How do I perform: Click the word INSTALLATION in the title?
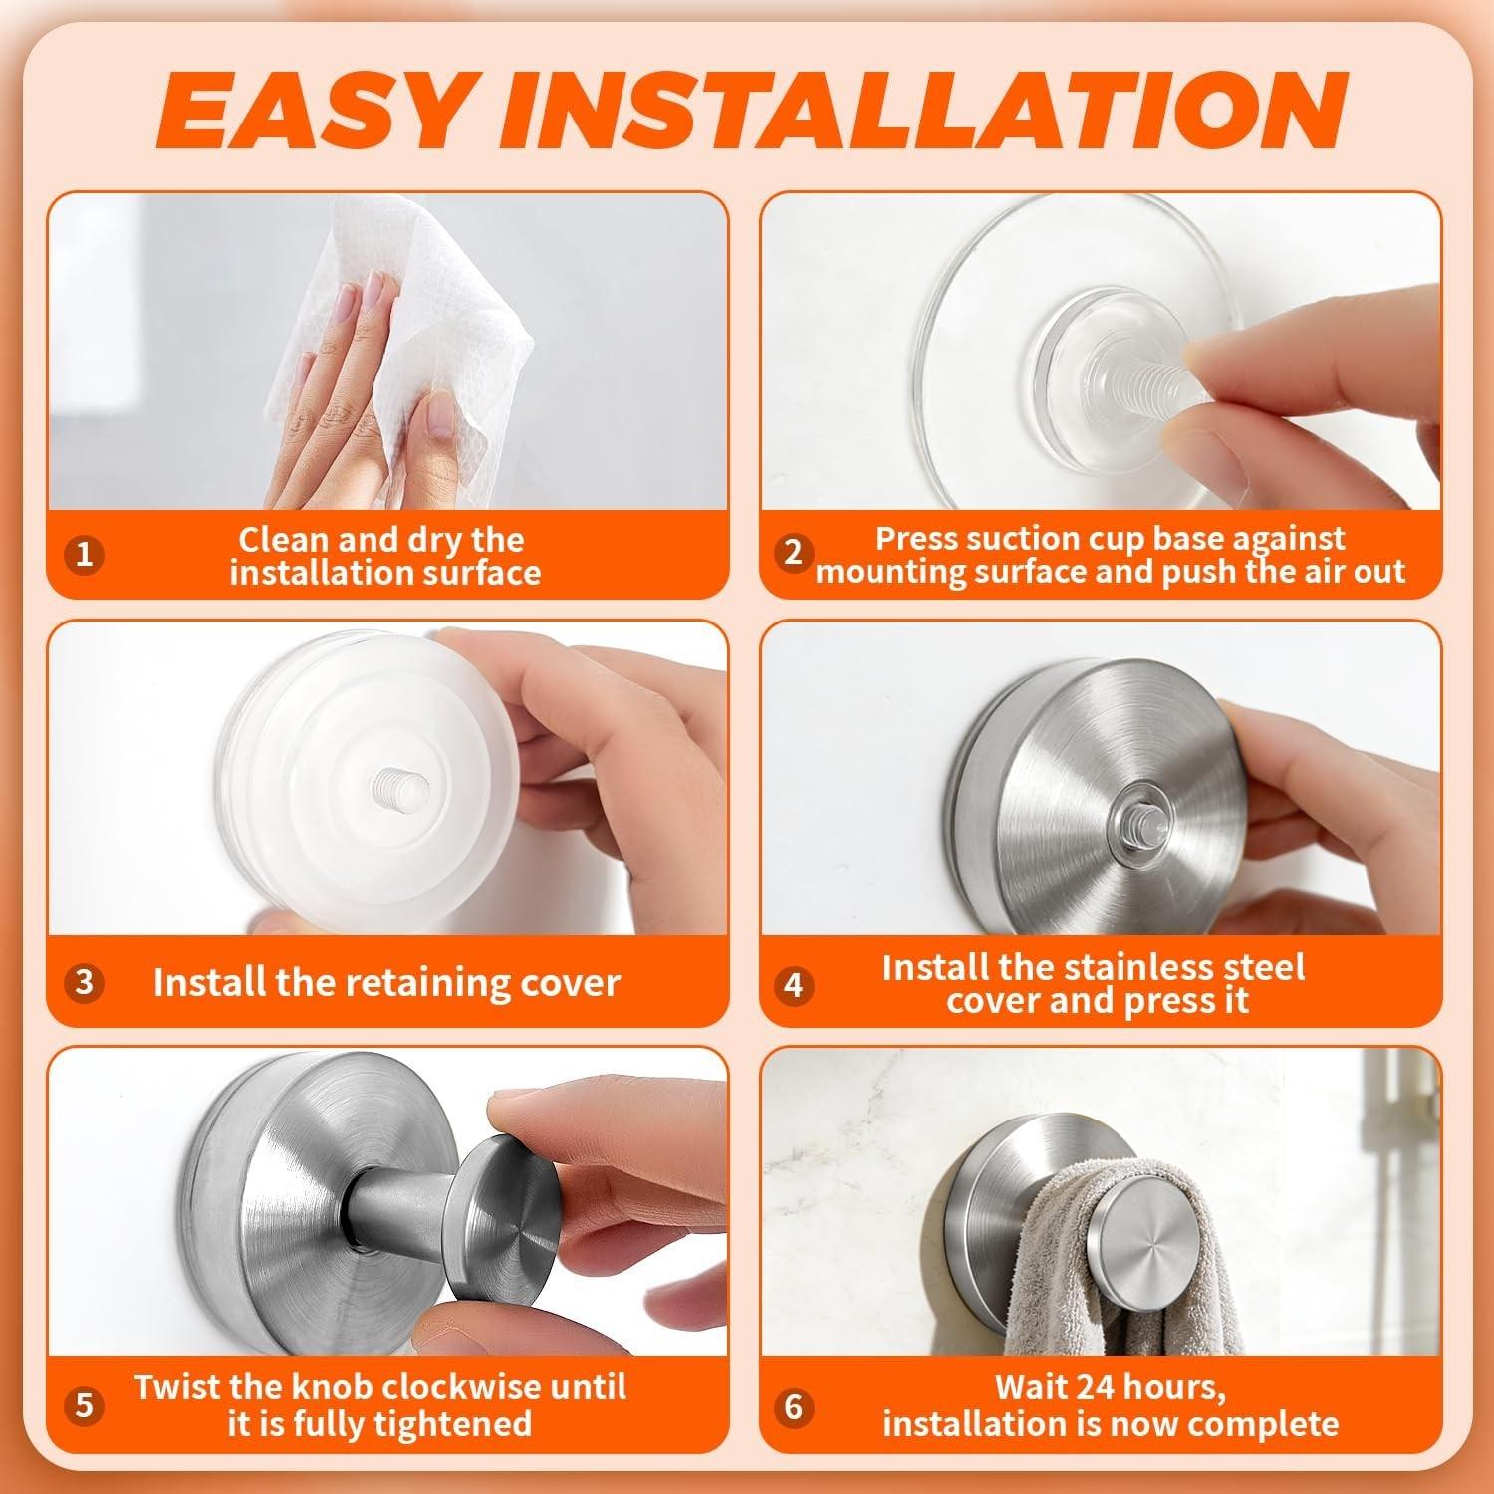point(923,112)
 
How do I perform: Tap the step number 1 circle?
point(85,554)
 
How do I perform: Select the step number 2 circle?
point(793,552)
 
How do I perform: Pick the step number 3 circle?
point(85,982)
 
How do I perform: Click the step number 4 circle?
point(793,984)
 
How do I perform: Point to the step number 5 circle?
point(85,1405)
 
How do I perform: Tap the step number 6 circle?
point(793,1406)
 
